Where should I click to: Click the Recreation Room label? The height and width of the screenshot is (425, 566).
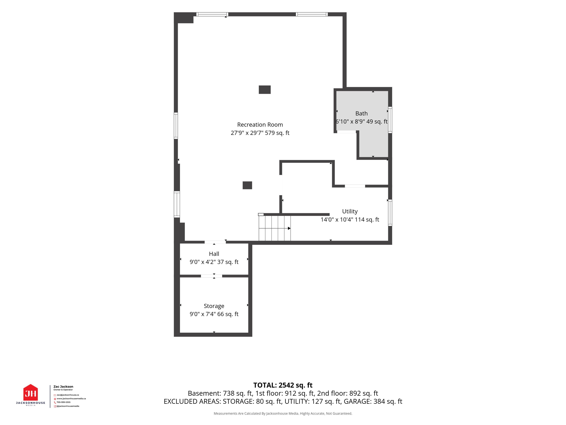click(x=260, y=125)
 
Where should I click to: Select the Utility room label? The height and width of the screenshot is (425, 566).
click(x=350, y=211)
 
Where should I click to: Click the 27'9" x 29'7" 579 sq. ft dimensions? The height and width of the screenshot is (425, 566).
click(x=260, y=133)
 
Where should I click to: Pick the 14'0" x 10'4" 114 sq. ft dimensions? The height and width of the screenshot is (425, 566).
click(x=350, y=220)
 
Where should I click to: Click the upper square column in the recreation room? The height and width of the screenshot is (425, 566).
click(x=265, y=90)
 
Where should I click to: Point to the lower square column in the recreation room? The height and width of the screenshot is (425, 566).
click(x=247, y=185)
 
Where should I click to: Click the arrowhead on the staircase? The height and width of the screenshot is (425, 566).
click(x=289, y=228)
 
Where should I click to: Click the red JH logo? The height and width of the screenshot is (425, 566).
click(x=31, y=393)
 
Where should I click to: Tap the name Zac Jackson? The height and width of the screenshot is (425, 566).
click(x=63, y=387)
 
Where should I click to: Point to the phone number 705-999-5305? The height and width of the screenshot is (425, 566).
click(x=64, y=402)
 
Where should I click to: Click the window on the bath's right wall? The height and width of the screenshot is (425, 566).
click(x=390, y=120)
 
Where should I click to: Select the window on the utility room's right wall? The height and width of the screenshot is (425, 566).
click(x=390, y=213)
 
